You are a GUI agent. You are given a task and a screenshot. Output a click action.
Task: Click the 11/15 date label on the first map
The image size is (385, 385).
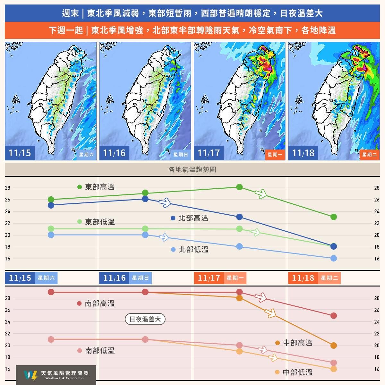(x=20, y=153)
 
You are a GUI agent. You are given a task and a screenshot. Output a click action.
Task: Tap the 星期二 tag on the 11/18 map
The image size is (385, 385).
(x=369, y=155)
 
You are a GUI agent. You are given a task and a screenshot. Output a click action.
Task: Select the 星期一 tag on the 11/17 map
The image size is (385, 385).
(x=275, y=155)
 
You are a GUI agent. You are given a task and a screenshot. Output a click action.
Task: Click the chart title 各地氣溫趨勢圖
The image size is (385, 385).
(x=192, y=170)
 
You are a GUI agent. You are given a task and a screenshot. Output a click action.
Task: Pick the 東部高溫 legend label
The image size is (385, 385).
(x=99, y=187)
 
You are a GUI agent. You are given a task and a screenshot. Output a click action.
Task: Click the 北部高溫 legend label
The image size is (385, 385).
(x=193, y=218)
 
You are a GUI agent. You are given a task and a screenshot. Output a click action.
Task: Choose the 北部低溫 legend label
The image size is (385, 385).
(x=193, y=249)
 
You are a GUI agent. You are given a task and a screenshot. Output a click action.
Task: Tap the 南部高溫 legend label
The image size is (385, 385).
(x=99, y=304)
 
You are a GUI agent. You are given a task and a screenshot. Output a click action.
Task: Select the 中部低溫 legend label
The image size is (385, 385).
(x=297, y=372)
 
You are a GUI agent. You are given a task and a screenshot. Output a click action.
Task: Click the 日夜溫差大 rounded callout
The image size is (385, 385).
(x=145, y=319)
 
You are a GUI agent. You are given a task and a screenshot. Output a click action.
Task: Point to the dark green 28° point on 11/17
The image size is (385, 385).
(x=239, y=187)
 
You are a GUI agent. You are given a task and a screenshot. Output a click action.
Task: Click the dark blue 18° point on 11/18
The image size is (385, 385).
(x=334, y=246)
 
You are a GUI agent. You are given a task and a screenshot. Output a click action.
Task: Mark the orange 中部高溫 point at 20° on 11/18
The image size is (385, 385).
(x=334, y=346)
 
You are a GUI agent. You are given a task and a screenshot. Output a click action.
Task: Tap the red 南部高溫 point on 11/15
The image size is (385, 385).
(x=51, y=292)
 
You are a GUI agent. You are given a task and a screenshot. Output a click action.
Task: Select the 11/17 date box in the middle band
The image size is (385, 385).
(x=209, y=278)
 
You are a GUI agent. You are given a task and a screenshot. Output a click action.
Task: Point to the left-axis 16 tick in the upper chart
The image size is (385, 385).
(x=8, y=259)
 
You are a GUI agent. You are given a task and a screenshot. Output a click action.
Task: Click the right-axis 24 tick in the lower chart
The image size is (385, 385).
(x=377, y=322)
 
